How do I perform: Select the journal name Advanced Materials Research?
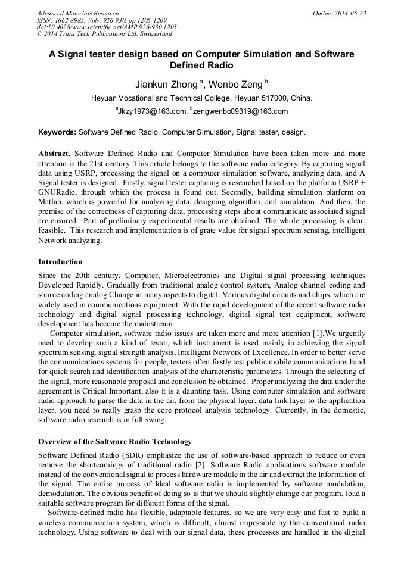click(77, 13)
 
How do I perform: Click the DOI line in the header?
click(107, 27)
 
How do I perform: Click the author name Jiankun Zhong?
click(167, 85)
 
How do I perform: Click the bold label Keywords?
click(57, 132)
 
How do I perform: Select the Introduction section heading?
click(60, 262)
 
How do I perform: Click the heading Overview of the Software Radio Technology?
click(115, 442)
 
